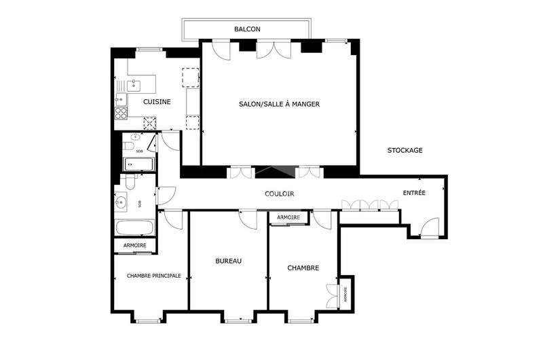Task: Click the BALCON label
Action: click(x=247, y=29)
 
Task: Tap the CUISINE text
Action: click(x=156, y=102)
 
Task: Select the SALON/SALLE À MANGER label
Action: click(x=279, y=104)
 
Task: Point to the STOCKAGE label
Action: click(x=405, y=150)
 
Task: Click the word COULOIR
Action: click(x=279, y=194)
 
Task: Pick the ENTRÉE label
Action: click(x=414, y=193)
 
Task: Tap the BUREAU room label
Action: click(x=228, y=261)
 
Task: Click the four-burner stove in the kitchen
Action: click(x=121, y=113)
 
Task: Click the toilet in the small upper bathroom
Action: click(x=129, y=148)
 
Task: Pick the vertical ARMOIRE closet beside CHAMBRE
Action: click(x=345, y=294)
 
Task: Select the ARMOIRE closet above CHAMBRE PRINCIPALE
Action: click(x=134, y=245)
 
